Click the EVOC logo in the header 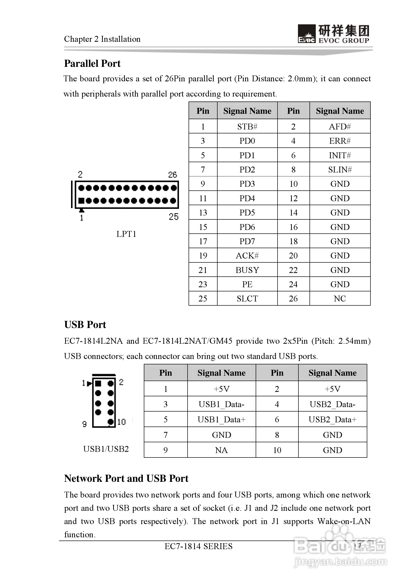[333, 34]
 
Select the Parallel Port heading [92, 63]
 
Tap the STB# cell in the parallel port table [247, 126]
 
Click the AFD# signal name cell [339, 126]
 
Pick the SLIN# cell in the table [339, 170]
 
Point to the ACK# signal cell [247, 256]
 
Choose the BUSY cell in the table [247, 270]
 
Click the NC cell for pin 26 [339, 298]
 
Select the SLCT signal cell [247, 298]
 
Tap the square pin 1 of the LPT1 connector [81, 201]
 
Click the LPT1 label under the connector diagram [126, 234]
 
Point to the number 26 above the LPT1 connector [173, 174]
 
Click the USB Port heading [85, 325]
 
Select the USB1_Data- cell [221, 404]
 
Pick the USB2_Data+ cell [332, 419]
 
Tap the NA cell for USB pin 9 [221, 450]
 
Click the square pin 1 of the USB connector [98, 384]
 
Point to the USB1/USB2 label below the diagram [106, 449]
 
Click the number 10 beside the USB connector [122, 422]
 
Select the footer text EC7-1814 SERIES [198, 546]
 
